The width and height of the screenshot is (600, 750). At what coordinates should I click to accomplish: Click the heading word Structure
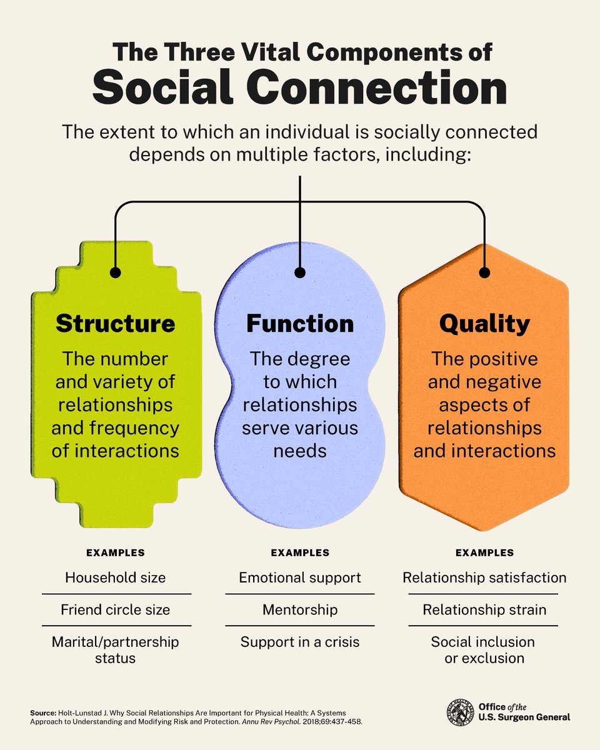pos(116,323)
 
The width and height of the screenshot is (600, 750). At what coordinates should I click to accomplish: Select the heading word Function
pos(300,323)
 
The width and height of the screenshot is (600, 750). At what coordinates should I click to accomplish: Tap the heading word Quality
pos(484,323)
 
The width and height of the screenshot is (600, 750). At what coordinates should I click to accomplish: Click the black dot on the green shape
pos(115,272)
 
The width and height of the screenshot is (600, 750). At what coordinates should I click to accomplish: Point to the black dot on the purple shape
pos(300,272)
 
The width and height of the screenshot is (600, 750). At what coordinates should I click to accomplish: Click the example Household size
pos(116,577)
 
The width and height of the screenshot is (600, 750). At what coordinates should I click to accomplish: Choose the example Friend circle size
pos(116,609)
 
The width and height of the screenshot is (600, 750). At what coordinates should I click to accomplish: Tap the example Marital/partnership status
pos(116,650)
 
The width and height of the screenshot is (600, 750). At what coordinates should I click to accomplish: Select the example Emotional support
pos(300,577)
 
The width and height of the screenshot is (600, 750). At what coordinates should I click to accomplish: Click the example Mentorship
pos(300,609)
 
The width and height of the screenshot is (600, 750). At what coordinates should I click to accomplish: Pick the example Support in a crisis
pos(300,642)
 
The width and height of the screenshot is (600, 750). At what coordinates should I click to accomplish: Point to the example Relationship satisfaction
pos(484,577)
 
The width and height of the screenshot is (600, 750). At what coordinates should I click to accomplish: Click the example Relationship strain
pos(484,609)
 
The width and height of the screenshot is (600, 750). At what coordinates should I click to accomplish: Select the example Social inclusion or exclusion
pos(484,650)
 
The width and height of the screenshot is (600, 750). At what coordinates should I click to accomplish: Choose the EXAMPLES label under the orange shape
pos(484,552)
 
